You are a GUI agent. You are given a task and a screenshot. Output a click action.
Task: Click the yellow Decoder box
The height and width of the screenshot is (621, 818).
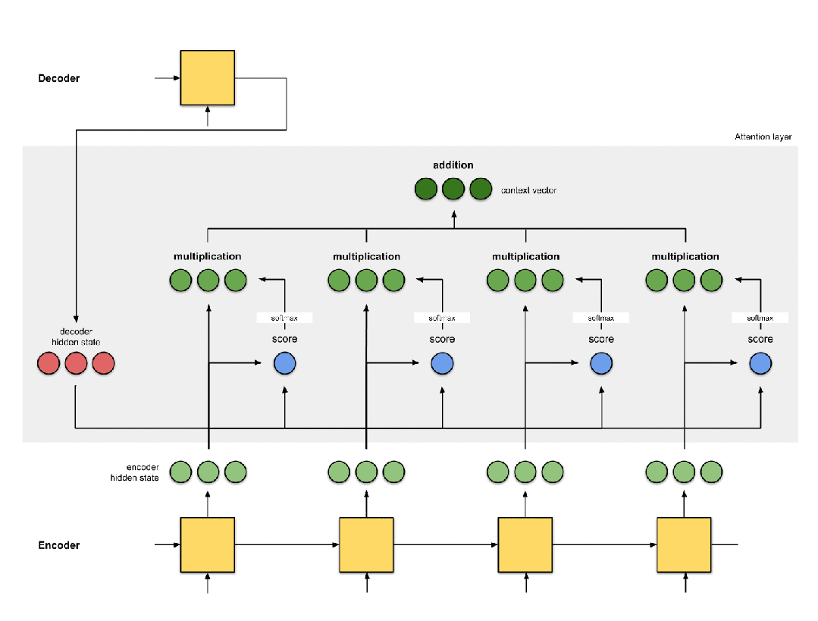[x=207, y=78]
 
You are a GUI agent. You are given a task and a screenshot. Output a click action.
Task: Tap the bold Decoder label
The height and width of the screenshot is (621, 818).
[x=59, y=78]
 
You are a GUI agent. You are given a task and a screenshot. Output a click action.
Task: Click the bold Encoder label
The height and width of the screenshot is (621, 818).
[x=59, y=545]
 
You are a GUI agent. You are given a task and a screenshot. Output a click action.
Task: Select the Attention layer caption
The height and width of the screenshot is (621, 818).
[x=763, y=136]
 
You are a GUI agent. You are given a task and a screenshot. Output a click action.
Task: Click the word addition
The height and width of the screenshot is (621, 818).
[x=453, y=165]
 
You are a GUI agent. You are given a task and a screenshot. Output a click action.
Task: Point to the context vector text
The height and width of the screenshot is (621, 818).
[x=528, y=190]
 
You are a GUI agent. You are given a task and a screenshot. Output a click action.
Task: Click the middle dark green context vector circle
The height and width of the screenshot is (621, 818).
[x=453, y=189]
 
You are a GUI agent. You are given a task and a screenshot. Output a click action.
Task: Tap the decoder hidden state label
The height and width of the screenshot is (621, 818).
[x=76, y=337]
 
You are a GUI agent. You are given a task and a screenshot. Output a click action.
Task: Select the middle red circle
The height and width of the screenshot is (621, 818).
[x=76, y=363]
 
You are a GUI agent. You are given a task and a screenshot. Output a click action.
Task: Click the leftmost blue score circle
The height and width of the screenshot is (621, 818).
[x=285, y=363]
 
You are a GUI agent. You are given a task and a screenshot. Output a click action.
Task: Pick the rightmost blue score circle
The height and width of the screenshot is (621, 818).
[x=760, y=363]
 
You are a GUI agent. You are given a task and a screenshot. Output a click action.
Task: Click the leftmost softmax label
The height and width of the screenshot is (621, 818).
[x=284, y=318]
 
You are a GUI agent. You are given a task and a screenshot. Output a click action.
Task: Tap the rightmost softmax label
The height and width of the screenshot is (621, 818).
[x=760, y=318]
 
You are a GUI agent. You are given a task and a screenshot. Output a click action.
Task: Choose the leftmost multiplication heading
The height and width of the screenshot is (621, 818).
[x=207, y=256]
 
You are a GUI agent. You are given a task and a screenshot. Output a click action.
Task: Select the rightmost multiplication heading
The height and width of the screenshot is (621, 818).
[x=685, y=256]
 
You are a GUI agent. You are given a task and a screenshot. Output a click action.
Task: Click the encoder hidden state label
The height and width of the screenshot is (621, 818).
[x=135, y=472]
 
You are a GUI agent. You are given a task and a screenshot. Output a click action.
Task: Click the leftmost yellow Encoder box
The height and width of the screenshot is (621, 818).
[x=207, y=545]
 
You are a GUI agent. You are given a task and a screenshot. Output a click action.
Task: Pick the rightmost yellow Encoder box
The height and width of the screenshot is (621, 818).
[x=684, y=545]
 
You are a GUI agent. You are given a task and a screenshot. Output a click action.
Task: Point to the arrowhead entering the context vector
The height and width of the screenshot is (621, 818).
[x=454, y=214]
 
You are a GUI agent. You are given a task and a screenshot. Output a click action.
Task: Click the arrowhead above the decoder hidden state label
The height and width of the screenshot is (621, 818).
[x=76, y=319]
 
